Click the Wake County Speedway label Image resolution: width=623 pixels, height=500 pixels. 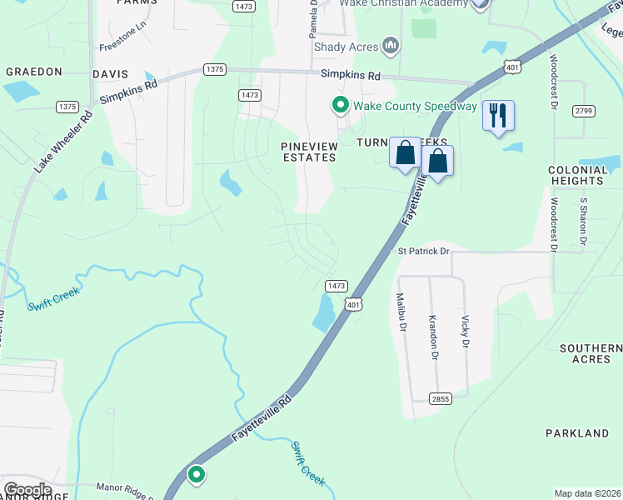tap(415, 106)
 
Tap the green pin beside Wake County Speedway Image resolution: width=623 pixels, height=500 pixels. tap(340, 106)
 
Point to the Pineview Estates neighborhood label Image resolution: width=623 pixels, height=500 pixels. tap(307, 151)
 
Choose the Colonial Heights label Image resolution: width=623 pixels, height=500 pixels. tap(576, 175)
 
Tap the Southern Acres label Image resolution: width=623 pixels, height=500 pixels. tap(591, 353)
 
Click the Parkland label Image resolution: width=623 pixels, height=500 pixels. tap(577, 433)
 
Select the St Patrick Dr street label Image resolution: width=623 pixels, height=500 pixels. tap(423, 251)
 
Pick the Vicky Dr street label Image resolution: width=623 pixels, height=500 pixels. tap(466, 332)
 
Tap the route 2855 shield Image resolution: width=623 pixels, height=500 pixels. tap(441, 399)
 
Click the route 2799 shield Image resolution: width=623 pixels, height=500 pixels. tap(582, 111)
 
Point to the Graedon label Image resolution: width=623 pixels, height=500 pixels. tap(34, 72)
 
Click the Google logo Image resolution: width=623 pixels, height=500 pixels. tap(27, 490)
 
